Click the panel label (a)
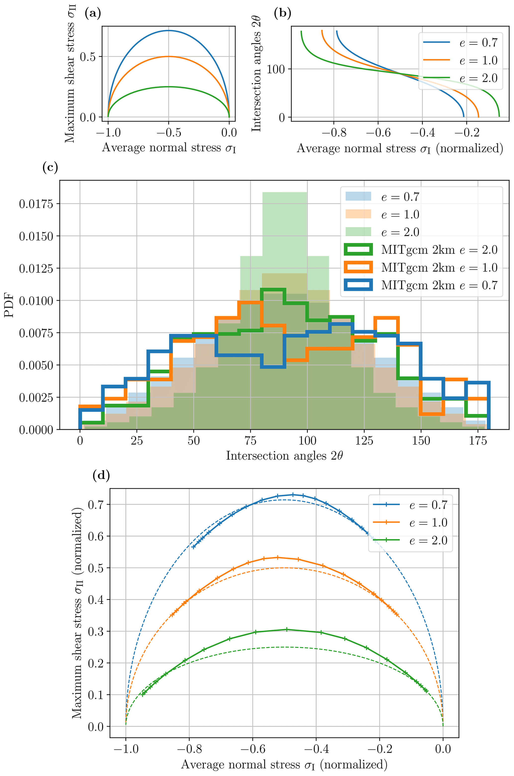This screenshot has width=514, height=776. (93, 13)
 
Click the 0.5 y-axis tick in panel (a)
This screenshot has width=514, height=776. (88, 57)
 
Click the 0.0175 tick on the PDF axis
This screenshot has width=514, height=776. (36, 204)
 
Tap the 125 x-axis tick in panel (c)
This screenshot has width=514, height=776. (364, 441)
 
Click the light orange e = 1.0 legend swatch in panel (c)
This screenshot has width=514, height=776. (358, 214)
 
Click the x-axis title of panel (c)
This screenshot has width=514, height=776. (284, 456)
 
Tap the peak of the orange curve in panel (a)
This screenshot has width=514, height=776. (169, 57)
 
